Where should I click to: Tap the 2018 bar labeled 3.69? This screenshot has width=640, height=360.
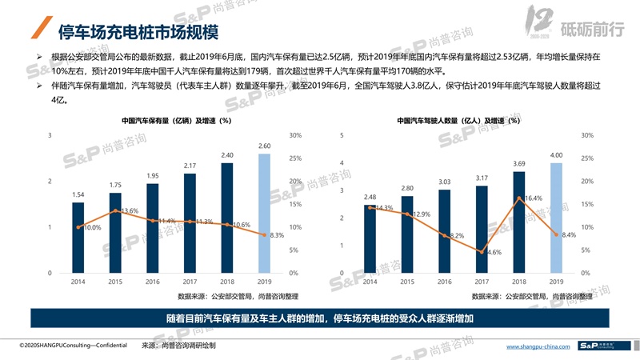point(519,222)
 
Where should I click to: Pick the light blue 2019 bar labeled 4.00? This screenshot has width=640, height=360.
point(557,218)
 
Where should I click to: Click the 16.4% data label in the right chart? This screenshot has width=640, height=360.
point(533,198)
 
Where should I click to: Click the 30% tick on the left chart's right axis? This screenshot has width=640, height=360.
point(295,135)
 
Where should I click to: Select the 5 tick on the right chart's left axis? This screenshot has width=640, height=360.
point(342,135)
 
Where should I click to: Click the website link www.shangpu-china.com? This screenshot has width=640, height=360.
point(539,346)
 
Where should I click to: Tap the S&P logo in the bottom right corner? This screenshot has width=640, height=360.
point(604,346)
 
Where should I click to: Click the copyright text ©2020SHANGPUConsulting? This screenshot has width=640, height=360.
point(67,346)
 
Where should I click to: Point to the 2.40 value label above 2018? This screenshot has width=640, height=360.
point(227,155)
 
